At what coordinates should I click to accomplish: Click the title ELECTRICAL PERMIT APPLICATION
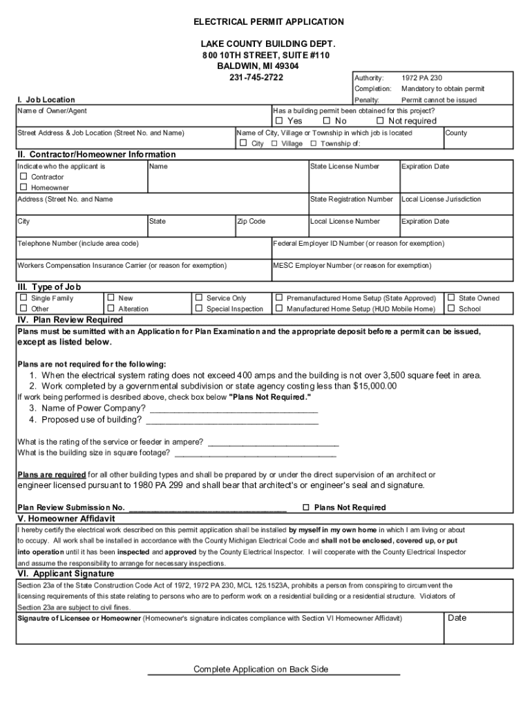coord(268,22)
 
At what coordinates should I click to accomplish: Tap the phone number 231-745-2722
coord(256,77)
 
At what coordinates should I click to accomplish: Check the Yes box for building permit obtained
coord(280,121)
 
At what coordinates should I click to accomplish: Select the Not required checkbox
coord(379,121)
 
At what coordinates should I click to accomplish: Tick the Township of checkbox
coord(314,144)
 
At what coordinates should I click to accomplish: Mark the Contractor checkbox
coord(23,177)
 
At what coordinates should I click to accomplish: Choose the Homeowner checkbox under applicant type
coord(23,187)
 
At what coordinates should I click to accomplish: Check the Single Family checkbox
coord(23,298)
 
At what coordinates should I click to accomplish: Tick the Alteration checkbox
coord(111,309)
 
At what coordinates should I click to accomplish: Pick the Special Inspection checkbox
coord(199,309)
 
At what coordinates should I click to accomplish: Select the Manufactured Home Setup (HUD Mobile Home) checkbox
coord(279,309)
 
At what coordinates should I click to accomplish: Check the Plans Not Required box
coord(306,507)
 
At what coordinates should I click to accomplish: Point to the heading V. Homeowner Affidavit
coord(66,519)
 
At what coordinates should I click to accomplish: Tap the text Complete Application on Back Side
coord(261,669)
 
